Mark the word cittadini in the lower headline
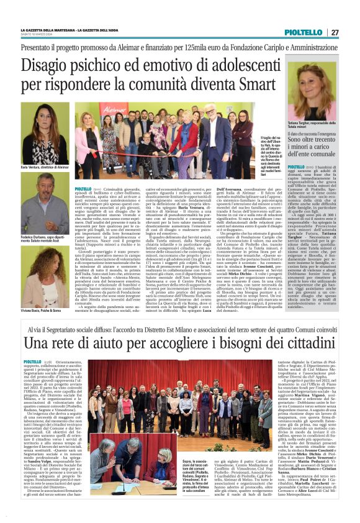pos(289,341)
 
